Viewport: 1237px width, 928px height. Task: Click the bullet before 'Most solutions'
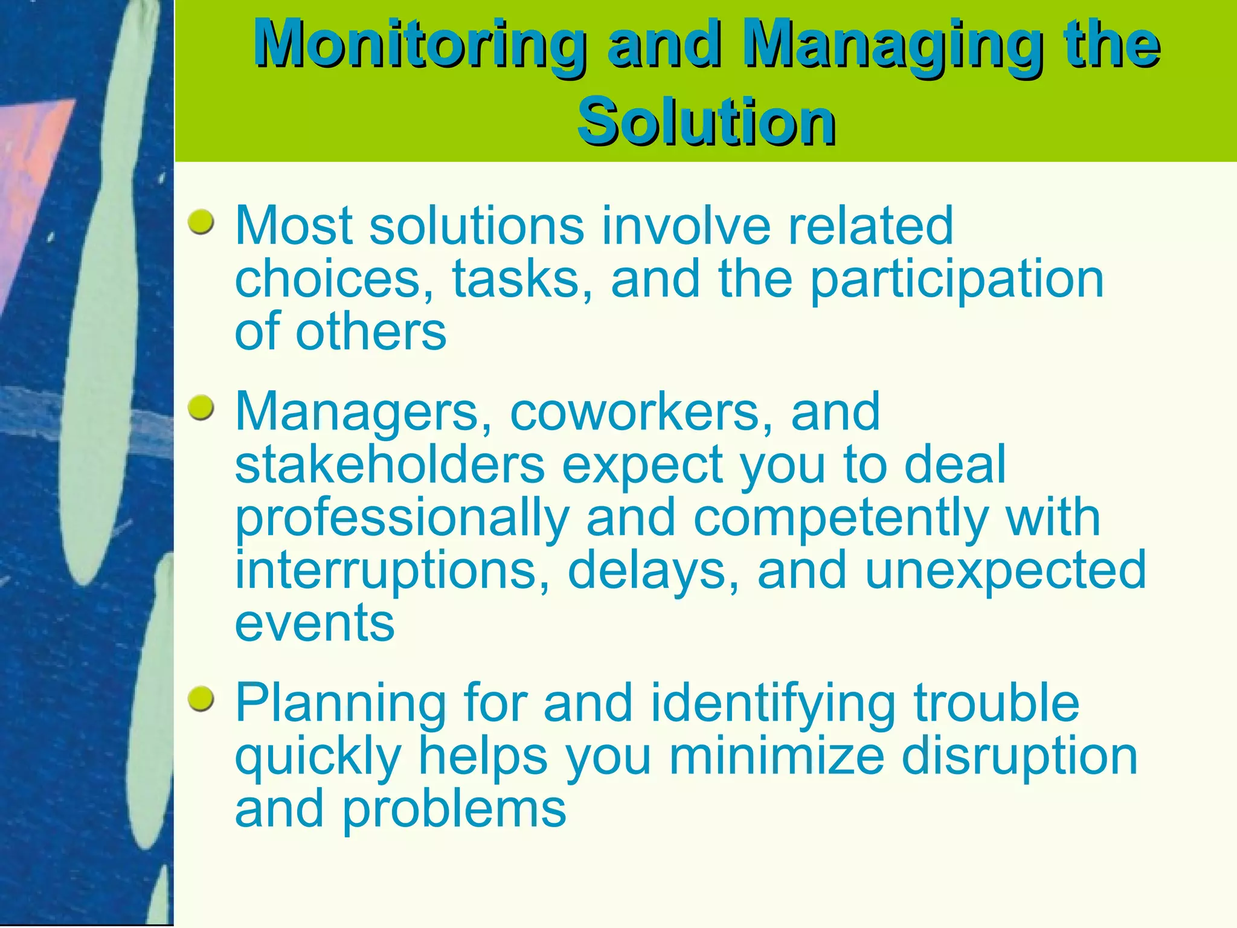[x=201, y=222]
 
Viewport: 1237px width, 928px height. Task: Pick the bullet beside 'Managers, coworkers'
[x=201, y=408]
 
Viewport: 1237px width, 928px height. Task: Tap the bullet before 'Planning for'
[x=201, y=700]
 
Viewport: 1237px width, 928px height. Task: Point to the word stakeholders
[x=390, y=465]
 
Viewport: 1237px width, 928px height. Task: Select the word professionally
[x=402, y=518]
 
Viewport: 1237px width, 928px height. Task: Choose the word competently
[x=840, y=518]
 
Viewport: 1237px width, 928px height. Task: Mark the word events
[x=314, y=623]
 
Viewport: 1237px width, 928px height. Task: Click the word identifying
[x=773, y=704]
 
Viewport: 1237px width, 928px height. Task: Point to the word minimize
[x=776, y=756]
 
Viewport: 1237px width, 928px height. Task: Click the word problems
[x=454, y=810]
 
